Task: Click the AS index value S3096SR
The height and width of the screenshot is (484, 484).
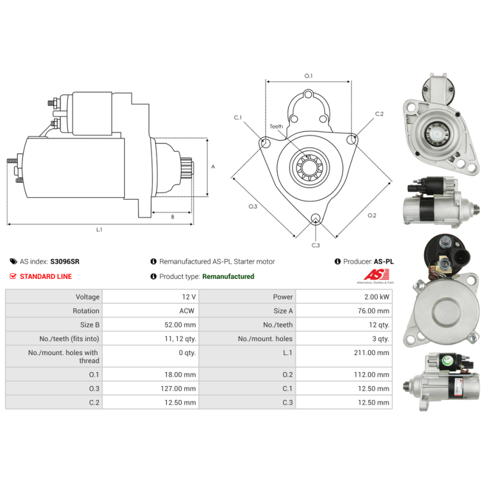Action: point(65,261)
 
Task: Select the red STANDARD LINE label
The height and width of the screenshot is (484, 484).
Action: point(46,276)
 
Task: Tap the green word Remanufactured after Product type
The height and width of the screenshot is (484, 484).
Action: point(228,276)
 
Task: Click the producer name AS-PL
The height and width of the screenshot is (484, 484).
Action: point(383,261)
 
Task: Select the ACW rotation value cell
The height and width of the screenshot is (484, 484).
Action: point(188,311)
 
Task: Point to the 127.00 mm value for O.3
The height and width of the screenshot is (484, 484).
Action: point(181,388)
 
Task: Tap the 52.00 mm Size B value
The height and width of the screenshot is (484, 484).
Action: point(182,325)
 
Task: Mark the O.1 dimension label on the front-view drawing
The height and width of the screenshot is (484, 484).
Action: point(308,76)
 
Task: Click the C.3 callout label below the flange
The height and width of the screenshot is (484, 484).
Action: point(316,245)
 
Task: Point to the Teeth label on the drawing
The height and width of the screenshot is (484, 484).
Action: point(276,126)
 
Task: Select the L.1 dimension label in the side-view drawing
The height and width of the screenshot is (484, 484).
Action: point(99,230)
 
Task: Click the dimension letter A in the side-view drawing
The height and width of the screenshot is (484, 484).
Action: point(212,167)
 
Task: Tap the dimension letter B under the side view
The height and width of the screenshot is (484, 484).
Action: point(172,217)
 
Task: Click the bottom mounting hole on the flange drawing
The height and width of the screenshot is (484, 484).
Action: point(315,219)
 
